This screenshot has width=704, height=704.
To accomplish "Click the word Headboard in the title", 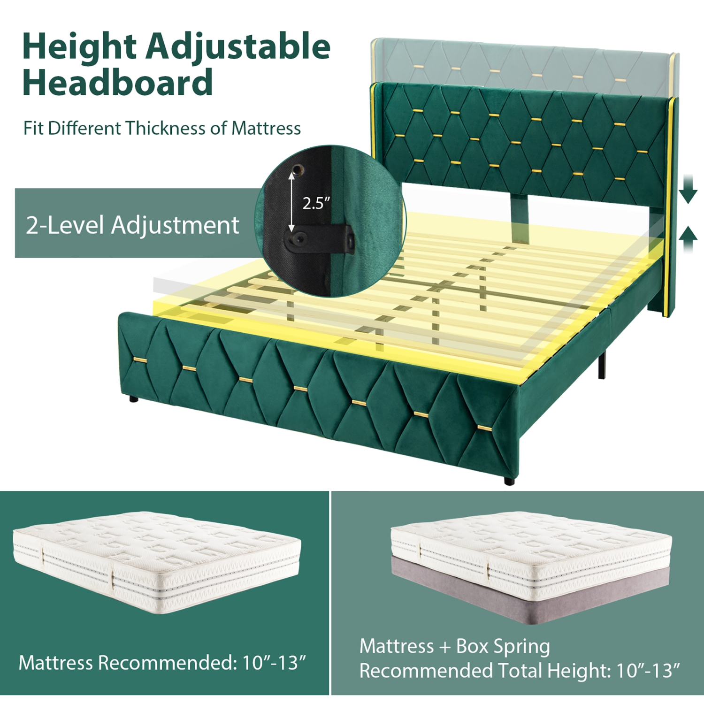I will tap(117, 83).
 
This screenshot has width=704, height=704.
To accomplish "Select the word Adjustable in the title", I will tap(238, 47).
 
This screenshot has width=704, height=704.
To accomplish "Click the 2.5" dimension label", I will tap(316, 203).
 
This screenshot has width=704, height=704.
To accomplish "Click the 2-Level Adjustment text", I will tap(132, 225).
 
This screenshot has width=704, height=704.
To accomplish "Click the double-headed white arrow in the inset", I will tap(291, 202).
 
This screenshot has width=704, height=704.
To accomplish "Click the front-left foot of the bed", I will tap(134, 399).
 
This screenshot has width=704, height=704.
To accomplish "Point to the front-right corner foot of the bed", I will tap(509, 481).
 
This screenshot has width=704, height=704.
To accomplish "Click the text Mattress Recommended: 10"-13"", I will tap(162, 663).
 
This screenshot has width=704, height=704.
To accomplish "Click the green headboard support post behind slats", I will tap(519, 221).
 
